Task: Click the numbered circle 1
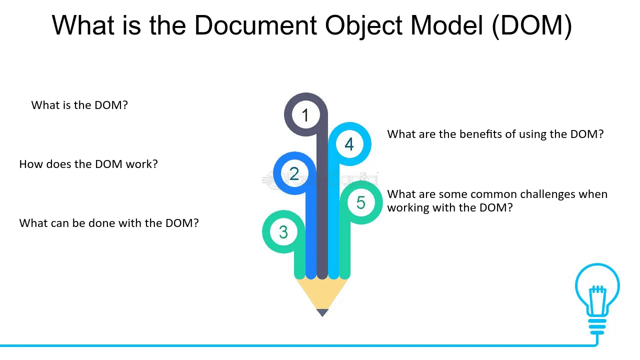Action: click(x=305, y=115)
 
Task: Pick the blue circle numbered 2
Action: click(x=294, y=173)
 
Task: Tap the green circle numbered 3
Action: click(x=283, y=232)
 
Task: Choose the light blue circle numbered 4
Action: click(x=349, y=144)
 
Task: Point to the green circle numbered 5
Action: click(x=360, y=202)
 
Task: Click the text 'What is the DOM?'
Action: click(x=79, y=105)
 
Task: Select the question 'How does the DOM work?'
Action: click(x=88, y=164)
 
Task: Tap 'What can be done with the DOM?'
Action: click(x=109, y=223)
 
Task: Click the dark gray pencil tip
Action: click(x=322, y=312)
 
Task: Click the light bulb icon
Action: click(x=597, y=295)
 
